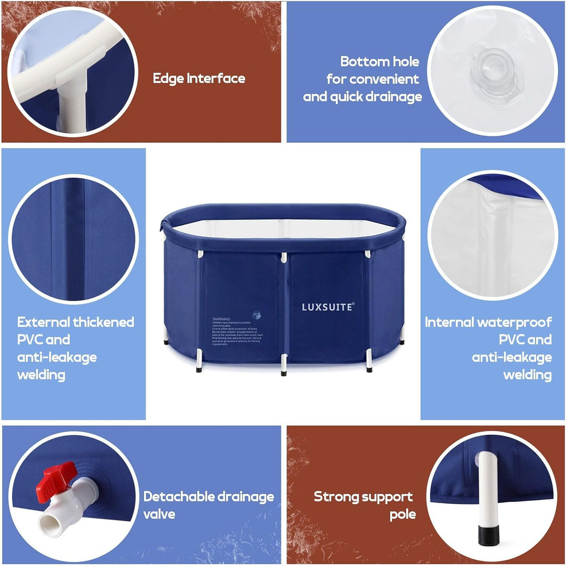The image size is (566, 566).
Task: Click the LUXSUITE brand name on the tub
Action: point(328,307)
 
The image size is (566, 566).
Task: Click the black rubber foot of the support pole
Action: point(488,535)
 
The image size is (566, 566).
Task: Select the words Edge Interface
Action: point(199,78)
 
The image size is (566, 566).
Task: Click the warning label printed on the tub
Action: point(237,331)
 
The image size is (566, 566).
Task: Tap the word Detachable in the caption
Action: point(179,497)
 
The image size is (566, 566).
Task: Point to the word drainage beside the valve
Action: point(246,497)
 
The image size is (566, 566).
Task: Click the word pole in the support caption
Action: point(403,514)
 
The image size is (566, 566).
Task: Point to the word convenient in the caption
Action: point(373,79)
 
